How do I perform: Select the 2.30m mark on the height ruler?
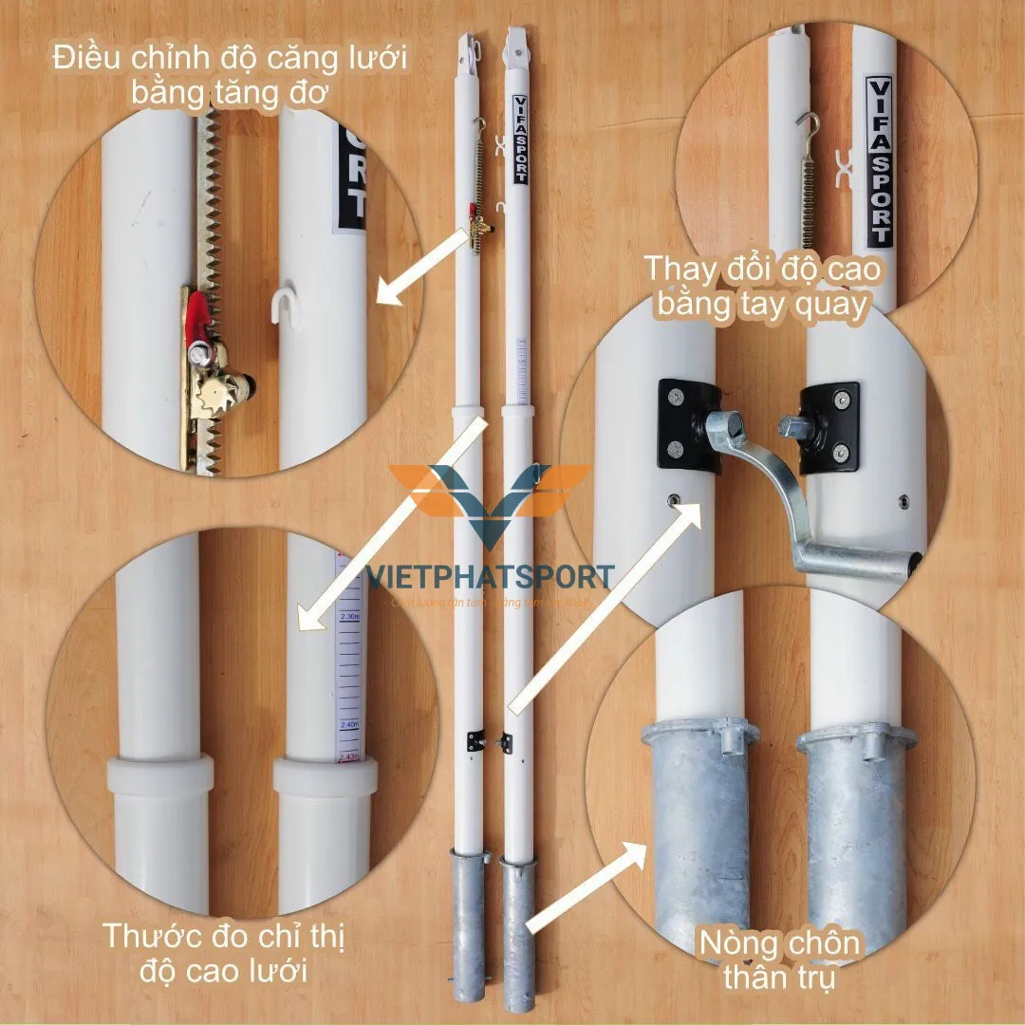click(348, 617)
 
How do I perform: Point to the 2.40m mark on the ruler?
click(348, 724)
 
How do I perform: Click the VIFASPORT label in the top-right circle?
click(880, 160)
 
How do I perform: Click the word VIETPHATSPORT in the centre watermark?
click(490, 577)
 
